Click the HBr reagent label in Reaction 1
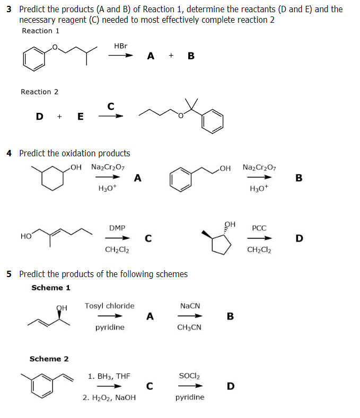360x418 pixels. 121,46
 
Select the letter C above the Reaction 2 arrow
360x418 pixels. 110,106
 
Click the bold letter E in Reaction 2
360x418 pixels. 80,117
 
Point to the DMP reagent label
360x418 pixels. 117,228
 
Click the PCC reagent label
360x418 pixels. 259,228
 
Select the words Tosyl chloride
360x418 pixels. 110,306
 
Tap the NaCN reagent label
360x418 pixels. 190,306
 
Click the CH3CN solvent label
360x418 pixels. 189,327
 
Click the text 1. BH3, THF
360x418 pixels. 109,376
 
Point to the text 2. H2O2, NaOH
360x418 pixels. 109,397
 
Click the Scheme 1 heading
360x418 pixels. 51,288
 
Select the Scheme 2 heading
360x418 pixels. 49,359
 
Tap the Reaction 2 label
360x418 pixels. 40,92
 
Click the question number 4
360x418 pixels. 9,153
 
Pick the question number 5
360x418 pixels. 9,274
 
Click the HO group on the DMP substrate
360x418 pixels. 25,236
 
